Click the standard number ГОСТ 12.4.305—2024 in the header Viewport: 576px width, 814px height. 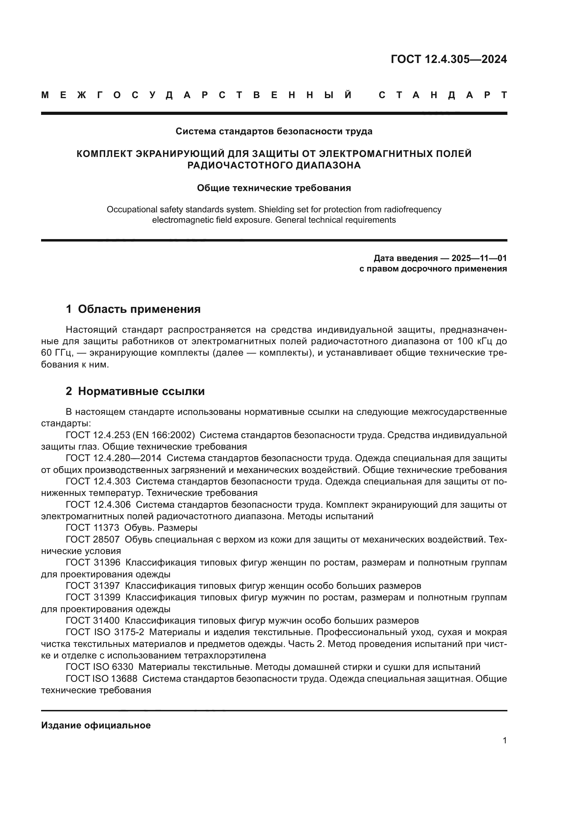449,59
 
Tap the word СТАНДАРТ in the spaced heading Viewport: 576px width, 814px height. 443,95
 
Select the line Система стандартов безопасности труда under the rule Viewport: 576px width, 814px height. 274,132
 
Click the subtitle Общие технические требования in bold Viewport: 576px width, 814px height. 274,188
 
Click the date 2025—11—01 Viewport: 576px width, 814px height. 479,258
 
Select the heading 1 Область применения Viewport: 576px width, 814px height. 133,309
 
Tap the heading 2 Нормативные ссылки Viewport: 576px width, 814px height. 135,392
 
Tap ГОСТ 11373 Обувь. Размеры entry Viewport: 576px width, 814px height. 131,528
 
